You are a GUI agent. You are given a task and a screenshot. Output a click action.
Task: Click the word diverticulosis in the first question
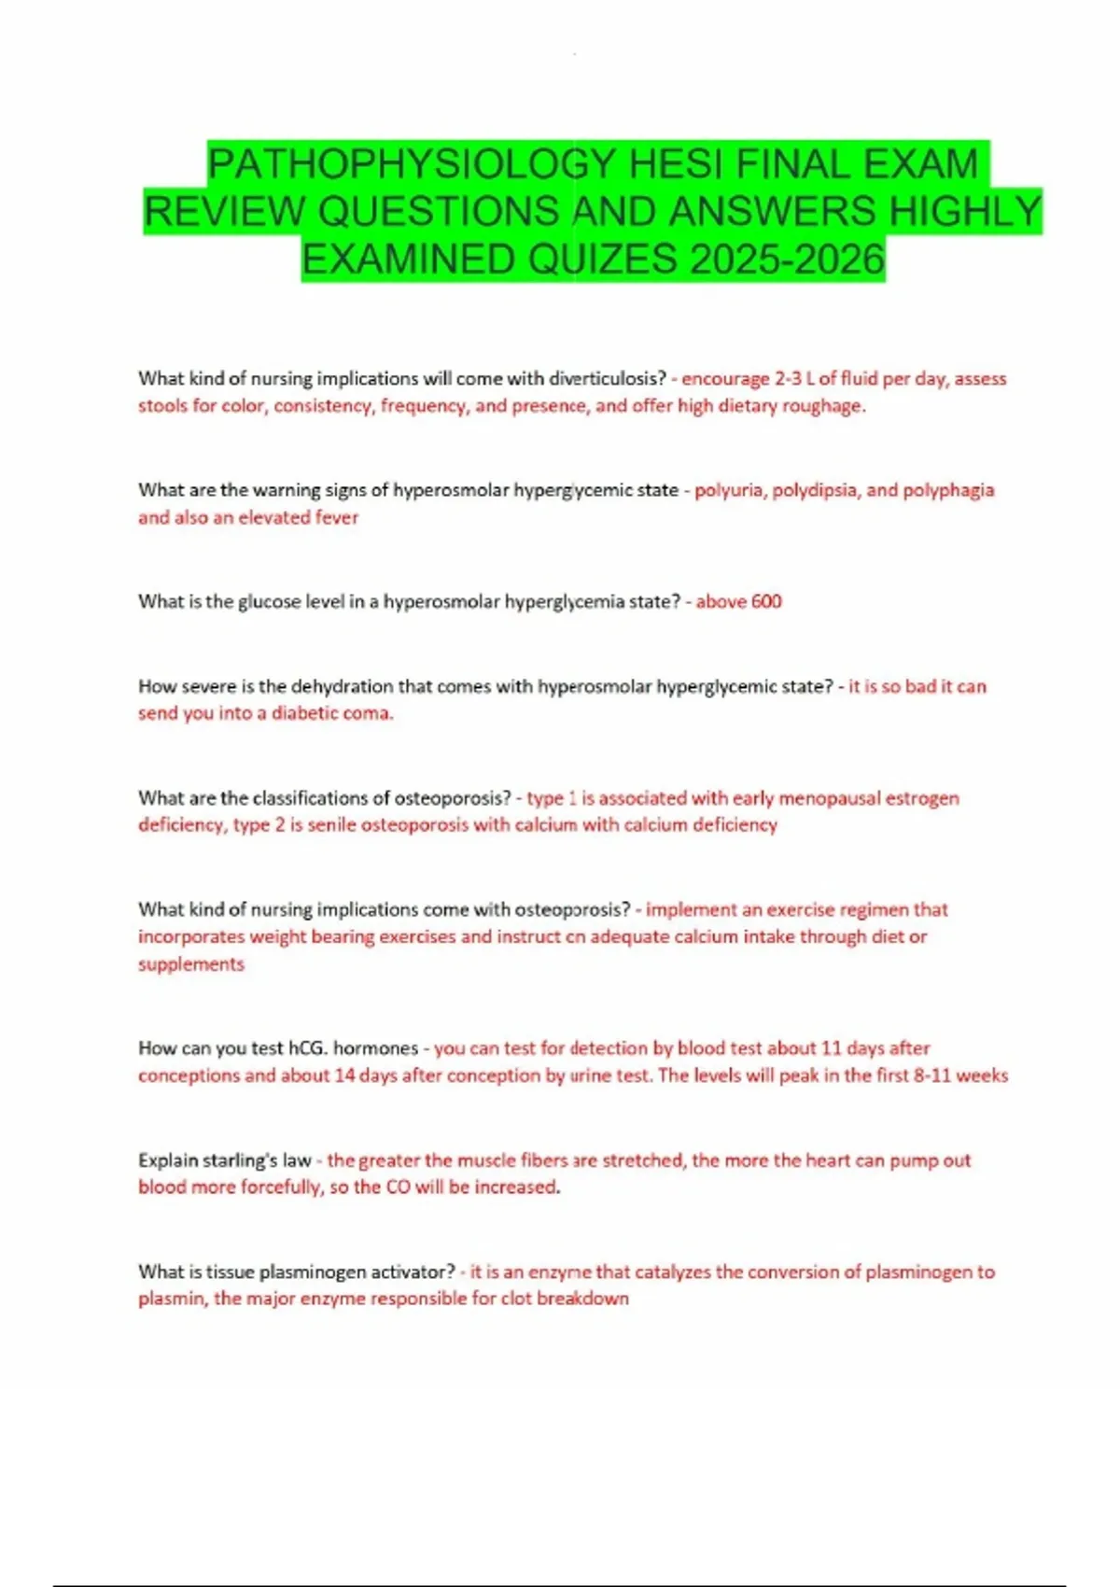[x=607, y=379]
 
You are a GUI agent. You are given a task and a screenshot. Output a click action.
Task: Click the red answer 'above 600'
[x=738, y=602]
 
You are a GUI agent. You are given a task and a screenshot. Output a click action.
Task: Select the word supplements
[x=191, y=964]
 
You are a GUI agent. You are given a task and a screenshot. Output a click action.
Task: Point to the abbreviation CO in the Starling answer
[x=398, y=1187]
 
